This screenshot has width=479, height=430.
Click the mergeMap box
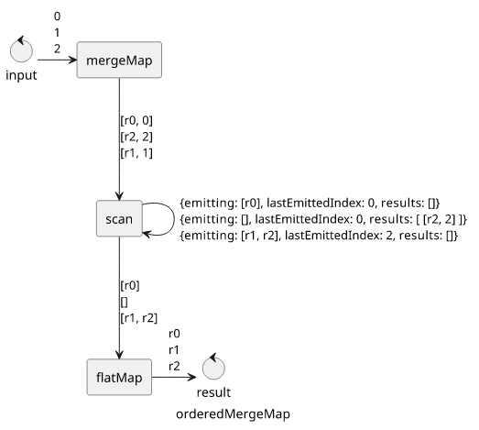coord(119,60)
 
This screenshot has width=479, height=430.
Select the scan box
coord(119,219)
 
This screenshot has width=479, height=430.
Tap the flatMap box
coord(119,377)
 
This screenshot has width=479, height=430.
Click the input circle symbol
coord(21,50)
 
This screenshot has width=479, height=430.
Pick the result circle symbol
coord(213,368)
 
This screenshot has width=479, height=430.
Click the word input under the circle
coord(21,75)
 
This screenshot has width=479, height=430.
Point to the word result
coord(213,392)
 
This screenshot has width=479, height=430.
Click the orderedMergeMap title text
coord(233,414)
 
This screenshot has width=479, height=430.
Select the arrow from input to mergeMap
coord(57,60)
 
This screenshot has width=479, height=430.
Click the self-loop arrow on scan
coord(174,219)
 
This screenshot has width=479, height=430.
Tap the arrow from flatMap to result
coord(174,377)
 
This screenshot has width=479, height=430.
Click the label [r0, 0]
coord(136,120)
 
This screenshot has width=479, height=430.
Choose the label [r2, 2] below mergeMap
coord(136,137)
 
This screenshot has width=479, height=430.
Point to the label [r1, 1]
coord(136,153)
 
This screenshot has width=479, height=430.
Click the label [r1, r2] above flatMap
coord(139,318)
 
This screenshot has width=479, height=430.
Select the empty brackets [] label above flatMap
coord(124,302)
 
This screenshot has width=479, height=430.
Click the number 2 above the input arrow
coord(57,49)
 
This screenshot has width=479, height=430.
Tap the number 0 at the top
coord(57,17)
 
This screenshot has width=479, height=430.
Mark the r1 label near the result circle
coord(174,350)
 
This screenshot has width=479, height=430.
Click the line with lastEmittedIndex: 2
coord(319,236)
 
